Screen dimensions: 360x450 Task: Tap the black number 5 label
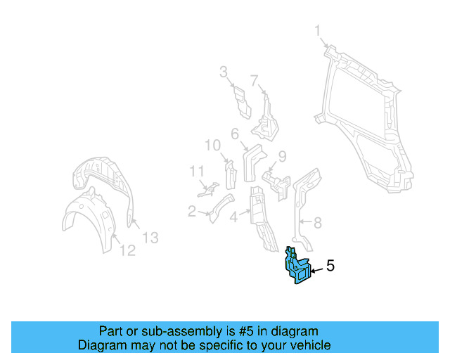[330, 266]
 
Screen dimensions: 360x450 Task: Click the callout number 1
[318, 30]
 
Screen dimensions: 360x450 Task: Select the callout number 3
[224, 71]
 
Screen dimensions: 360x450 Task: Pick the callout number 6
[235, 133]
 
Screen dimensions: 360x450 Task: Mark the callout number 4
[233, 217]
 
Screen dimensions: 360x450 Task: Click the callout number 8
[317, 224]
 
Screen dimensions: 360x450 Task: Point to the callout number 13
[150, 238]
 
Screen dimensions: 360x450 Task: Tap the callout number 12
[127, 250]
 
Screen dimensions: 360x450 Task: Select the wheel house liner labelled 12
[88, 221]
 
